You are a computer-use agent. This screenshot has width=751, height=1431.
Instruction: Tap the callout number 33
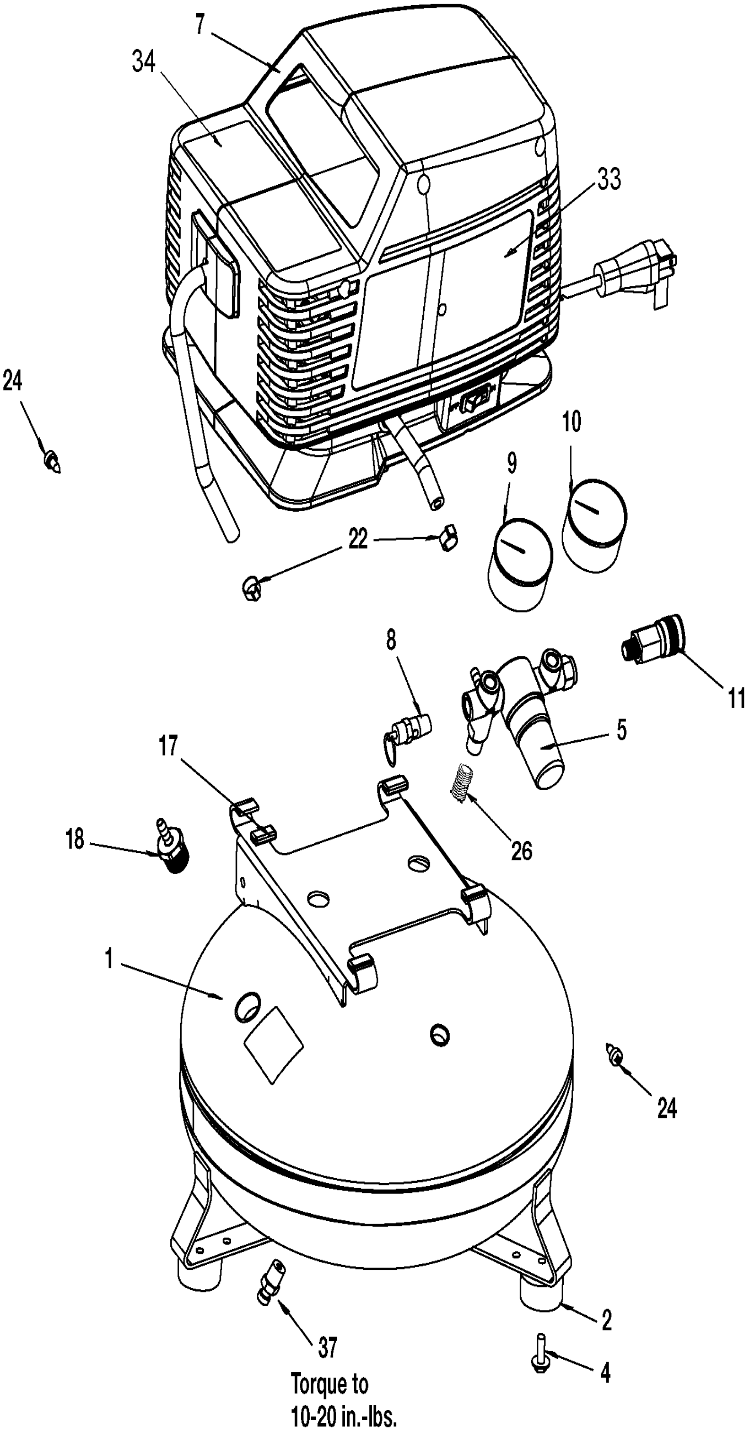tap(609, 179)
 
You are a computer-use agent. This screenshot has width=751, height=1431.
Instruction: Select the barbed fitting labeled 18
tap(172, 847)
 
